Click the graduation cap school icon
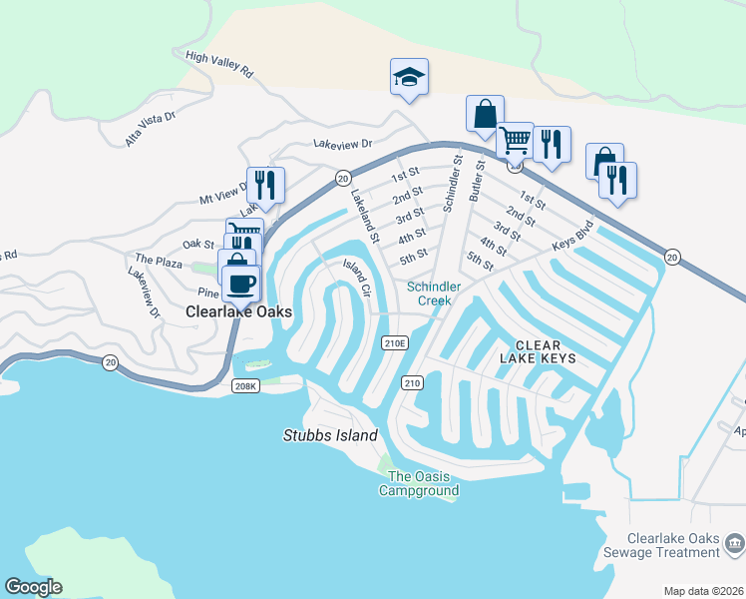[409, 77]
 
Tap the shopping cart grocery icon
[515, 141]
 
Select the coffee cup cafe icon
[240, 284]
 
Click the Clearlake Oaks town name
[239, 311]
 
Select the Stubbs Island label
[330, 435]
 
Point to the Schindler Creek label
[434, 294]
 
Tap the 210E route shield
[395, 342]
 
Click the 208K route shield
[245, 384]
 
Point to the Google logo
[33, 587]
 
